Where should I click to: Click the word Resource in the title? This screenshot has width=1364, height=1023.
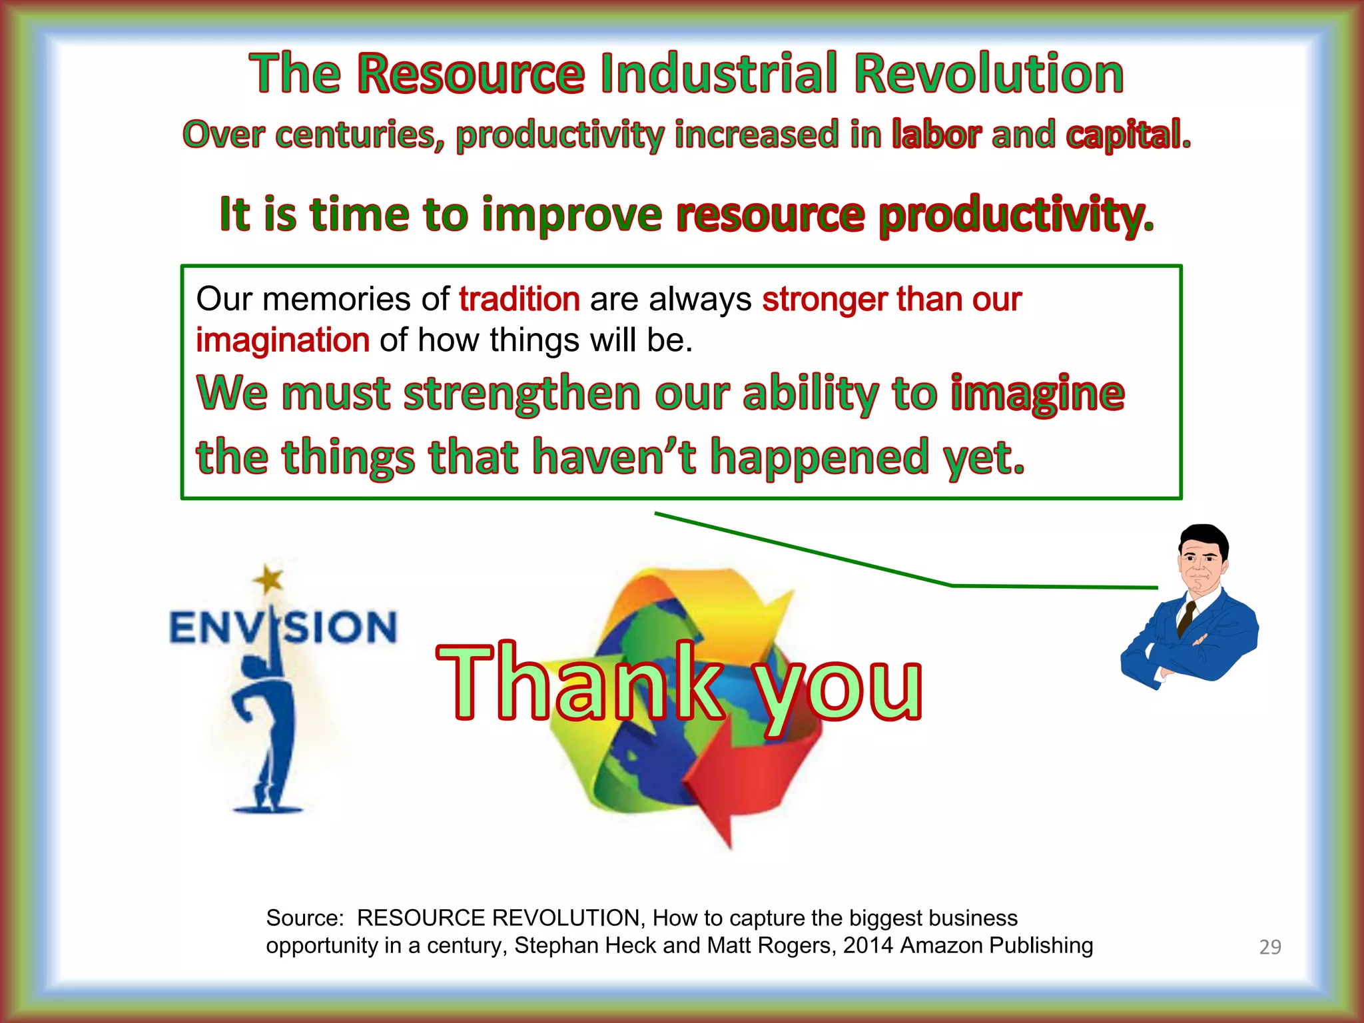(x=471, y=74)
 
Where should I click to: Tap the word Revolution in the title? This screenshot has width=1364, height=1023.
(x=988, y=74)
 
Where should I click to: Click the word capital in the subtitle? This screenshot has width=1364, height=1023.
(x=1126, y=135)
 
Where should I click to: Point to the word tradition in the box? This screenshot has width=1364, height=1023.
(x=519, y=299)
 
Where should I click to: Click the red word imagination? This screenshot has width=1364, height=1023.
(x=282, y=340)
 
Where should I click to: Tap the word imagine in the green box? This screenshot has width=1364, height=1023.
(x=1037, y=394)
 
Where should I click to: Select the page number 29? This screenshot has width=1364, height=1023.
(x=1269, y=947)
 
